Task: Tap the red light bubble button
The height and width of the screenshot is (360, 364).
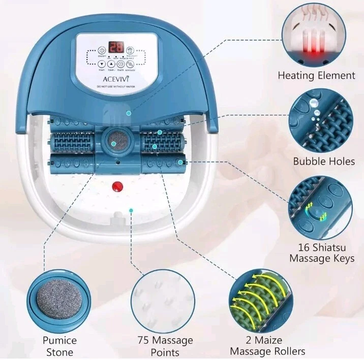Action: [x=130, y=51]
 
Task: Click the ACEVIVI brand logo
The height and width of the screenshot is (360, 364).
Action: [x=116, y=79]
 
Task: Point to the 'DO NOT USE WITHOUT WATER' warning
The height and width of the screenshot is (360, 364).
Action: [x=116, y=87]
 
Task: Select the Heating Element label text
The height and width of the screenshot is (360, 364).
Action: [x=316, y=76]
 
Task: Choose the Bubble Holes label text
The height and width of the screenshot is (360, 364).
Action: [x=324, y=161]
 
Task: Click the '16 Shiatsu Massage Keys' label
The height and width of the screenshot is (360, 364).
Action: [x=322, y=253]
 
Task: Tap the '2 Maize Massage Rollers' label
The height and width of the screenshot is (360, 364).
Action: [x=267, y=345]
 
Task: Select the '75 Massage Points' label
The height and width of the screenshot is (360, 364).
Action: [x=165, y=346]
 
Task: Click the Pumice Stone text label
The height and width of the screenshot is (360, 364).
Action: [x=59, y=346]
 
